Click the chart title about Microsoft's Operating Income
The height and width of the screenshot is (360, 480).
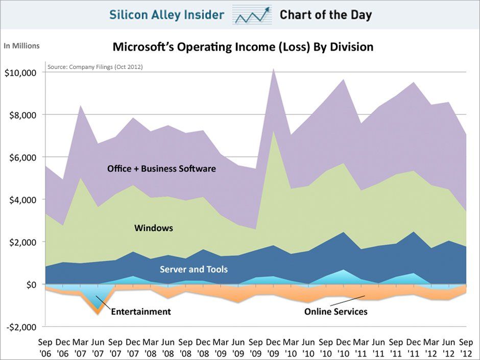pos(243,47)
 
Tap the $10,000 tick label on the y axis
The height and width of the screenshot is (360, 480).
pos(20,73)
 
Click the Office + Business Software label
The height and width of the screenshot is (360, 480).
pos(161,169)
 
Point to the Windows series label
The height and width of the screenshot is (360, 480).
pos(153,228)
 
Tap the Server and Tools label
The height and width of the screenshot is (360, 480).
pos(194,269)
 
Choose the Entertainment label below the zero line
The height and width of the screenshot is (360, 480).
pos(140,311)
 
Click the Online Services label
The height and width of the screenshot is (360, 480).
pos(335,311)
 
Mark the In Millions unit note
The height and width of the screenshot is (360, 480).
pos(21,46)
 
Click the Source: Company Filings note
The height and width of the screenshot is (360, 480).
pos(94,67)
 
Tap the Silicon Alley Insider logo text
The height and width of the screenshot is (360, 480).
pos(166,15)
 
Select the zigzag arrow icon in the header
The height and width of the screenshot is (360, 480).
pos(252,15)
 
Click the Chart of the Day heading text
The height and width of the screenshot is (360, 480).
pos(325,15)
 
